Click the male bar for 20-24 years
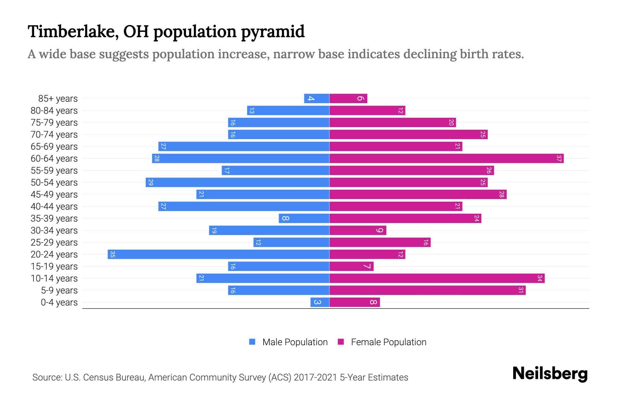click(x=218, y=254)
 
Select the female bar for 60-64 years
click(x=446, y=159)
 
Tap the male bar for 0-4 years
click(x=320, y=302)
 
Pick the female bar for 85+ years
click(x=348, y=99)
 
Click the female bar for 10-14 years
click(x=437, y=278)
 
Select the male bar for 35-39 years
click(x=304, y=219)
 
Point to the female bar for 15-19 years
click(x=351, y=266)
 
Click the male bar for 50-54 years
click(x=237, y=183)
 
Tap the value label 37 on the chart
click(x=559, y=159)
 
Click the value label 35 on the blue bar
click(x=112, y=254)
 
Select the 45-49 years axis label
click(x=54, y=195)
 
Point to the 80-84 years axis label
click(x=54, y=111)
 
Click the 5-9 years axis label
click(x=59, y=290)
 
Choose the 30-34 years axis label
click(x=54, y=231)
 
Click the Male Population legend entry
click(x=288, y=342)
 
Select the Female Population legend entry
click(x=382, y=342)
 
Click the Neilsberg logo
click(x=550, y=374)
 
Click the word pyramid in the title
click(x=273, y=32)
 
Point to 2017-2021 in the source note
click(x=315, y=377)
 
